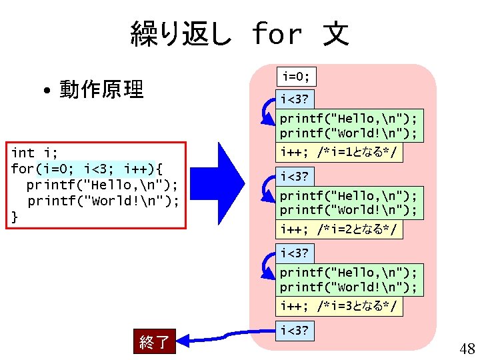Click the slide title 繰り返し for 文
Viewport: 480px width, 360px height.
(x=240, y=33)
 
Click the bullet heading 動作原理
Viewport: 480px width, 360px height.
(x=101, y=89)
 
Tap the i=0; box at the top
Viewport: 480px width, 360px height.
(x=296, y=76)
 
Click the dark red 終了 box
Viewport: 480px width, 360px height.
(x=154, y=343)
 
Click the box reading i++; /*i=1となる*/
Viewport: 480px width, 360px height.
(x=341, y=153)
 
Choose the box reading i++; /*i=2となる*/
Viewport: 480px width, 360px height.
(x=341, y=229)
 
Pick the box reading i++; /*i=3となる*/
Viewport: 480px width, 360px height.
(x=341, y=306)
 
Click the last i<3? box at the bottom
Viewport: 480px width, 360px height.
(x=294, y=330)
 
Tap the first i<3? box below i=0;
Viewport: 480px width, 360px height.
(x=294, y=100)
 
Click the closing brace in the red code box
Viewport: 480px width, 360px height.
(x=15, y=216)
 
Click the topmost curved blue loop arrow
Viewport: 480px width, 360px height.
(x=267, y=112)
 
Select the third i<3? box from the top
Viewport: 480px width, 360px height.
(x=294, y=253)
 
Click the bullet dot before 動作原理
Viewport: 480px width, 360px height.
(x=49, y=90)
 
